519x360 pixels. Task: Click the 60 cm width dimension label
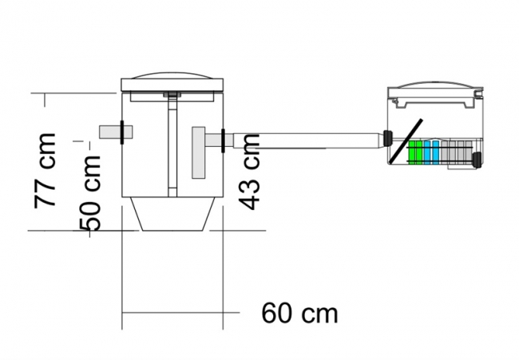click(x=299, y=313)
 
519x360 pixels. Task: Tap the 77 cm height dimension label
click(x=45, y=171)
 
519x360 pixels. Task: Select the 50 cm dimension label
click(x=89, y=193)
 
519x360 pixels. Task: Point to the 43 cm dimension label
click(x=249, y=172)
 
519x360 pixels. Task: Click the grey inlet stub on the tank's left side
click(x=116, y=132)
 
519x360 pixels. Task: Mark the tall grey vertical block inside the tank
click(x=199, y=152)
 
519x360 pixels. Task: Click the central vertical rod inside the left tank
click(x=172, y=145)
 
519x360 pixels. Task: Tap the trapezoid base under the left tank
click(x=172, y=214)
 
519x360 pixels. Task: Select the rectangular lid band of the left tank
click(x=172, y=85)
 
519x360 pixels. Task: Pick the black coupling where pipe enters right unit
click(x=387, y=138)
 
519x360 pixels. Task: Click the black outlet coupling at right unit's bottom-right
click(x=477, y=160)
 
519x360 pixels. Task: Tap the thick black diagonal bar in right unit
click(x=406, y=141)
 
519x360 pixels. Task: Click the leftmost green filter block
click(x=413, y=152)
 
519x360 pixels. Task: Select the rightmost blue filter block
click(x=436, y=152)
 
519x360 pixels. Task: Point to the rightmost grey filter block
click(x=469, y=152)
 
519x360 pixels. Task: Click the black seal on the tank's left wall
click(x=122, y=133)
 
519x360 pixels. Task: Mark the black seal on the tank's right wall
click(x=223, y=140)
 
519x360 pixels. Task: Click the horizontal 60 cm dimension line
click(x=180, y=312)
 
